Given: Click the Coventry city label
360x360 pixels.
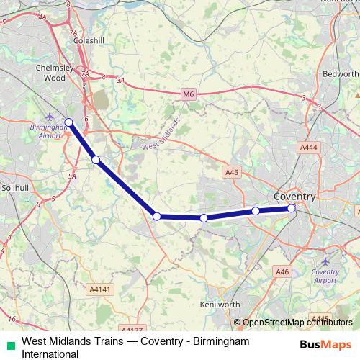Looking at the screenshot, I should point(294,197).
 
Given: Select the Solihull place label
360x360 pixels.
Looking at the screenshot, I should point(14,187).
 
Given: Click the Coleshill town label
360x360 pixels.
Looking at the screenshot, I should point(91,41).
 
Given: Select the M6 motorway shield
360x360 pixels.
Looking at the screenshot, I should point(188,94).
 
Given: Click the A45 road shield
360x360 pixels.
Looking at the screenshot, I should point(231,173).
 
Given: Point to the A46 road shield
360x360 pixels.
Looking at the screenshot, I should point(282,271).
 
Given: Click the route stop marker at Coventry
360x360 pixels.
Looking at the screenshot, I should point(292,209).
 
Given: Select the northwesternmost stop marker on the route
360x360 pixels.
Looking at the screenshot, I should point(69,122).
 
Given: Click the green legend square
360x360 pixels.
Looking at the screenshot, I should point(10,346).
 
